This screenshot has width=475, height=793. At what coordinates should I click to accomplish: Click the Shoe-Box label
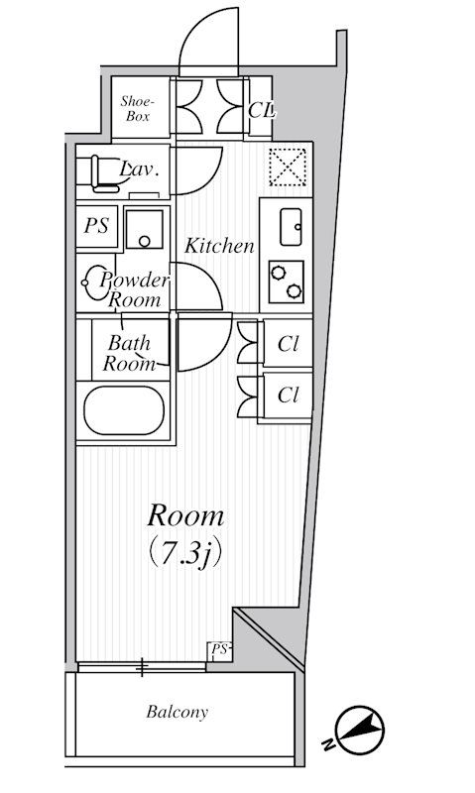coord(136,109)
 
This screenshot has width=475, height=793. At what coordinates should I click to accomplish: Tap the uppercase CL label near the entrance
coord(261,110)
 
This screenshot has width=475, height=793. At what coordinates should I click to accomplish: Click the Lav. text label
coord(139,170)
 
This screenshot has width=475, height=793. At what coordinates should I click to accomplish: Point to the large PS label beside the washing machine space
coord(96,226)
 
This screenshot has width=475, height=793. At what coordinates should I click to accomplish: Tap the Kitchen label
coord(218,246)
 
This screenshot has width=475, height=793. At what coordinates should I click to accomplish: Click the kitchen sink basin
coord(291,227)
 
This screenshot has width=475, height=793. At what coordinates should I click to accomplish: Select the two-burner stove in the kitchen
coord(287,282)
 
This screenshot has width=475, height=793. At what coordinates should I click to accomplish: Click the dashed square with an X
coord(288,167)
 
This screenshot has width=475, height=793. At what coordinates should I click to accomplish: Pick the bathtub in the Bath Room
coord(124,410)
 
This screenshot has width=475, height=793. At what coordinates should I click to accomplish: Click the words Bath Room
coord(130,353)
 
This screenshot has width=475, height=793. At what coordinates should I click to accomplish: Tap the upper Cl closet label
coord(288,344)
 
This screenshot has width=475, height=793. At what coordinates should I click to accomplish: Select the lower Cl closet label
coord(288,395)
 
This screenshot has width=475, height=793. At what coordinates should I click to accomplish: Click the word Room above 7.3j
coord(185,515)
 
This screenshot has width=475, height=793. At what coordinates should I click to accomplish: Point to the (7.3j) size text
coord(185,555)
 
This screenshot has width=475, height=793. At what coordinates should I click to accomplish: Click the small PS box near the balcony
coord(219,650)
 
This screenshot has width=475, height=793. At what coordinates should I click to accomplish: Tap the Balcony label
coord(178,713)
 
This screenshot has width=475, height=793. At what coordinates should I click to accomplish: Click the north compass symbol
coord(359,730)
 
